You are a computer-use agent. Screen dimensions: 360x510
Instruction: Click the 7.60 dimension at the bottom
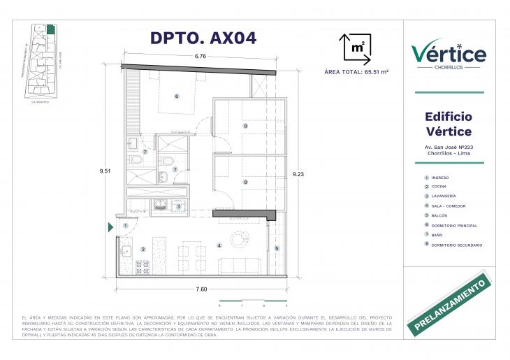tap(201, 289)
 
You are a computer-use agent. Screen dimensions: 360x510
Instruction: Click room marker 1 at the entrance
tap(126, 226)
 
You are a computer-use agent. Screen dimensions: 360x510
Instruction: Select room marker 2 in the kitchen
tap(143, 249)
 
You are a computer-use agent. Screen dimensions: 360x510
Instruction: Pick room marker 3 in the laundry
tap(178, 206)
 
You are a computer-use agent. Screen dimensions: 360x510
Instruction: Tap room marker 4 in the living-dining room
tap(219, 245)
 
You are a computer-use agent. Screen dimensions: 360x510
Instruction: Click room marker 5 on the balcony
tap(277, 248)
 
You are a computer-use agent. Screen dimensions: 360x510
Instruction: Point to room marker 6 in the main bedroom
tap(177, 96)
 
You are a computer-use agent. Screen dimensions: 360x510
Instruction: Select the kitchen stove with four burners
tap(142, 266)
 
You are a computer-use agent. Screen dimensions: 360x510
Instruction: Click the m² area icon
tap(356, 48)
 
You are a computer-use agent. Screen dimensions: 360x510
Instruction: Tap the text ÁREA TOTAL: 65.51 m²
tap(357, 71)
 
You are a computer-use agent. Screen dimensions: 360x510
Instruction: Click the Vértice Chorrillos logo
tap(449, 54)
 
